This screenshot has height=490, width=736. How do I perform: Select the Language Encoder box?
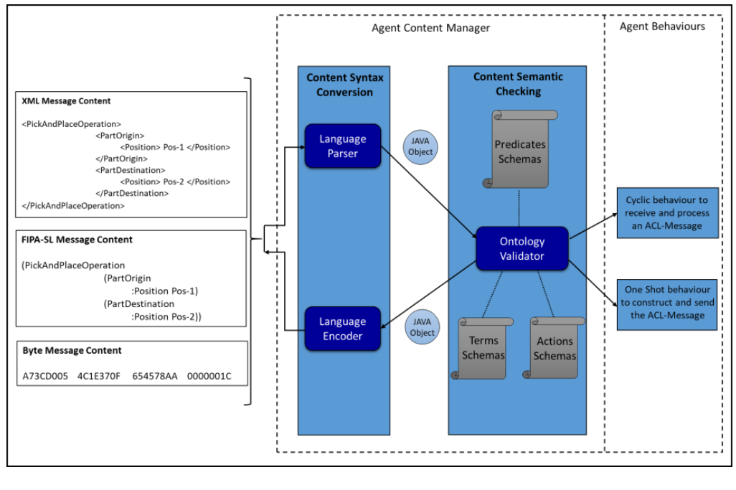click(343, 328)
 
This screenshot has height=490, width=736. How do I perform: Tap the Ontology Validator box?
click(522, 248)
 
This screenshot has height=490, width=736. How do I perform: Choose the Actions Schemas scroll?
click(555, 349)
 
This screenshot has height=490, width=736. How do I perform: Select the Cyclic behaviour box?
click(667, 213)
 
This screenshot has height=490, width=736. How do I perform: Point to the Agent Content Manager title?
click(430, 28)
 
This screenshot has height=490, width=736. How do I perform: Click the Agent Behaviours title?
click(661, 27)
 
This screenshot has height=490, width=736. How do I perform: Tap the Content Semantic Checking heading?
click(518, 83)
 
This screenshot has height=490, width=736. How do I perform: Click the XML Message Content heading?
click(66, 101)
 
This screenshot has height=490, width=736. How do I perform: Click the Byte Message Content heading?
click(72, 351)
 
